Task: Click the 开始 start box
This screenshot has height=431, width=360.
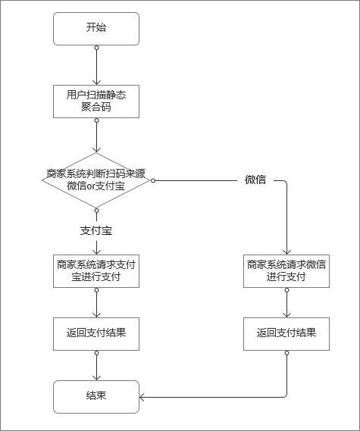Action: (x=96, y=28)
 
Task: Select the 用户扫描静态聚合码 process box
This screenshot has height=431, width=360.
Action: (x=96, y=101)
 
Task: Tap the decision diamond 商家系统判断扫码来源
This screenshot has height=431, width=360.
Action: (x=96, y=180)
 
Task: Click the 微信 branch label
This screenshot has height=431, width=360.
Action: (x=255, y=180)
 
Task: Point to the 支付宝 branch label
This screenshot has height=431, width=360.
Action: (x=96, y=230)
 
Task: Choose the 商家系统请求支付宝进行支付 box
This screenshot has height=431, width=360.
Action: (x=96, y=270)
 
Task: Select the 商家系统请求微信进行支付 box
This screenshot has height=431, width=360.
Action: (x=286, y=270)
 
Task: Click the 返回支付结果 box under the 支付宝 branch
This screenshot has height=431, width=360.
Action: (x=96, y=333)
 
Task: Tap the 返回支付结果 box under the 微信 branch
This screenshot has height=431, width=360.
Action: (x=286, y=333)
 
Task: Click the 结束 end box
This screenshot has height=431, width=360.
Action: (x=96, y=396)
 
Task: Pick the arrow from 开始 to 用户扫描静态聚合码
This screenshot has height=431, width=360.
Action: (x=96, y=66)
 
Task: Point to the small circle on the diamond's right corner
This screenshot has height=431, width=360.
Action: (x=152, y=180)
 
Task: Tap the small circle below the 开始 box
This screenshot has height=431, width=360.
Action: (x=96, y=48)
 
